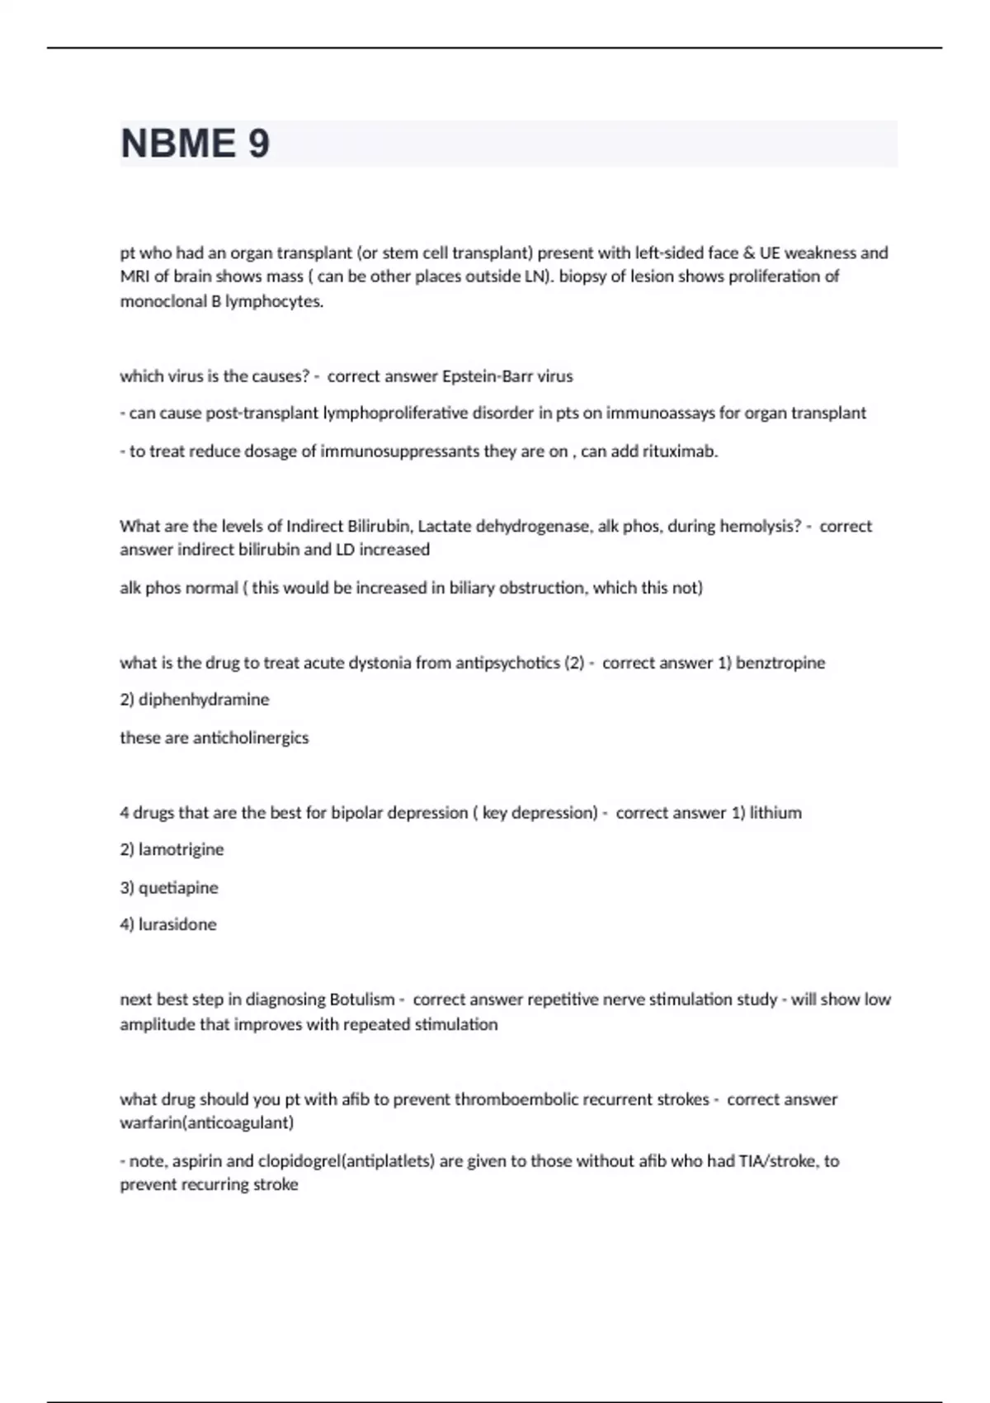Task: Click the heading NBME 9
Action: point(195,144)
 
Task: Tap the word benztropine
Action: point(780,663)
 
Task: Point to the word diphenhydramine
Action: point(204,700)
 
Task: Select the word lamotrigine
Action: point(181,849)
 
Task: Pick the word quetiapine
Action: point(178,888)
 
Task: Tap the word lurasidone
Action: point(177,924)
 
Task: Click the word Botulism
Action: point(362,999)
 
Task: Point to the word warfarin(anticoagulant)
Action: point(206,1122)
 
